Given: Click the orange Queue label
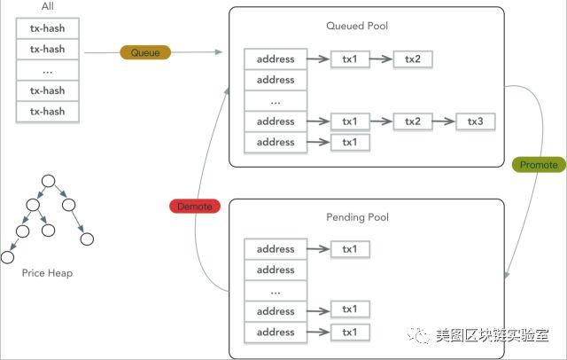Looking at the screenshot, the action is tap(145, 52).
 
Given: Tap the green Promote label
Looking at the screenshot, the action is tap(539, 165).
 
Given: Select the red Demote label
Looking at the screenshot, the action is tap(195, 207).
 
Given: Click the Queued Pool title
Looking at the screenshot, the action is tap(357, 26).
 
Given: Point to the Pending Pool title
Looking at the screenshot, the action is tap(357, 217).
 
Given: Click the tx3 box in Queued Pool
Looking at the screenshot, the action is tap(475, 121).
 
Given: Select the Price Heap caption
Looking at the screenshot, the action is tap(47, 273).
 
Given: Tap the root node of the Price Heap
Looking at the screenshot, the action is tap(49, 181).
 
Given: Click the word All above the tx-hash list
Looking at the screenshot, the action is tap(47, 6).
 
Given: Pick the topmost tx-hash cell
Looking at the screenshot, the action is tap(47, 28).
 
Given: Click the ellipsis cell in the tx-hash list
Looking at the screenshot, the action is tap(47, 70).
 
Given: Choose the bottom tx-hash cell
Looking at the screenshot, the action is tap(47, 112).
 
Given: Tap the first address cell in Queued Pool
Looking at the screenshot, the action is tap(276, 59).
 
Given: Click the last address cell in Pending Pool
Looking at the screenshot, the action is tap(276, 333).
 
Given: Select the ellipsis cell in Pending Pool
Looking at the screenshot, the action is tap(276, 291).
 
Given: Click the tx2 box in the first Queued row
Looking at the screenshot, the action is tap(413, 59).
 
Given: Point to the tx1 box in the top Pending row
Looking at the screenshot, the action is tap(350, 249).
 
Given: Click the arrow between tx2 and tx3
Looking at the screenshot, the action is tap(444, 121).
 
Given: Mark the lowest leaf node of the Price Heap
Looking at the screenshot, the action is tap(7, 257).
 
